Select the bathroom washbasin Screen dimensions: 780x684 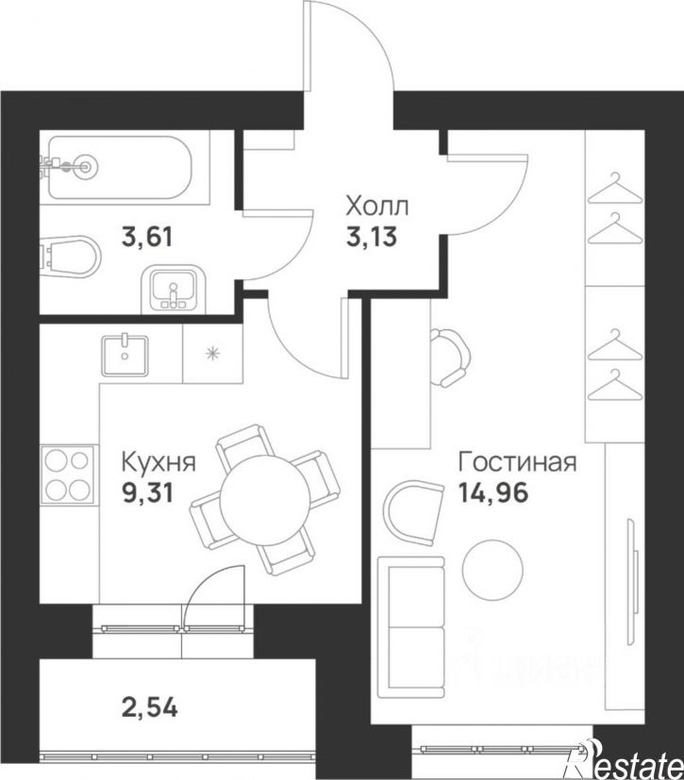(x=171, y=288)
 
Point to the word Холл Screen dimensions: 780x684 (x=377, y=207)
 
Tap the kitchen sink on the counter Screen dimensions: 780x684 (x=125, y=355)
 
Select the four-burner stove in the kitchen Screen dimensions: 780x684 (x=69, y=476)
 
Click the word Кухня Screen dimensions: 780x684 (x=158, y=463)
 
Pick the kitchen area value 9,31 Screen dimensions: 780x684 (x=148, y=492)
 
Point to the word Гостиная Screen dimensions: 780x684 (x=516, y=463)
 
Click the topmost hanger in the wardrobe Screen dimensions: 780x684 (x=615, y=187)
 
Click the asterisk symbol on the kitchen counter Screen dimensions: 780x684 (x=212, y=355)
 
